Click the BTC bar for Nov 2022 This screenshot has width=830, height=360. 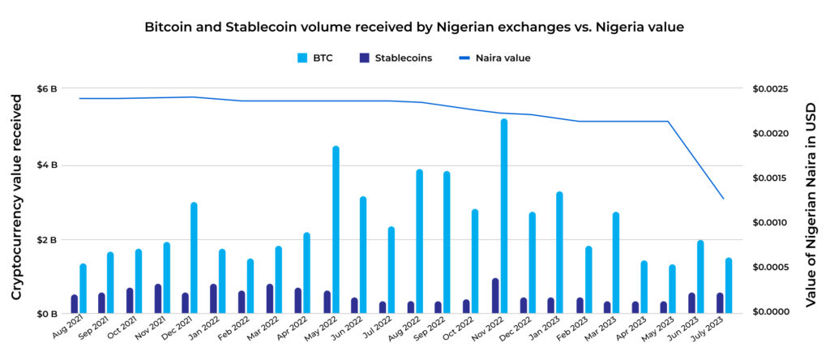click(504, 216)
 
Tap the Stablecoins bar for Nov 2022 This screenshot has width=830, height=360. click(494, 296)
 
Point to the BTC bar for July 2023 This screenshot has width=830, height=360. click(729, 285)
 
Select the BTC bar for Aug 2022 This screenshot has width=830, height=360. click(420, 241)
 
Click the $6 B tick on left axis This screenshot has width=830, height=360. click(47, 88)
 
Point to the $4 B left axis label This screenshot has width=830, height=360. click(47, 165)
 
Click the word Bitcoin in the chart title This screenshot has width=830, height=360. click(167, 27)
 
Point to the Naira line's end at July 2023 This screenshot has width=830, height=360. click(723, 199)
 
